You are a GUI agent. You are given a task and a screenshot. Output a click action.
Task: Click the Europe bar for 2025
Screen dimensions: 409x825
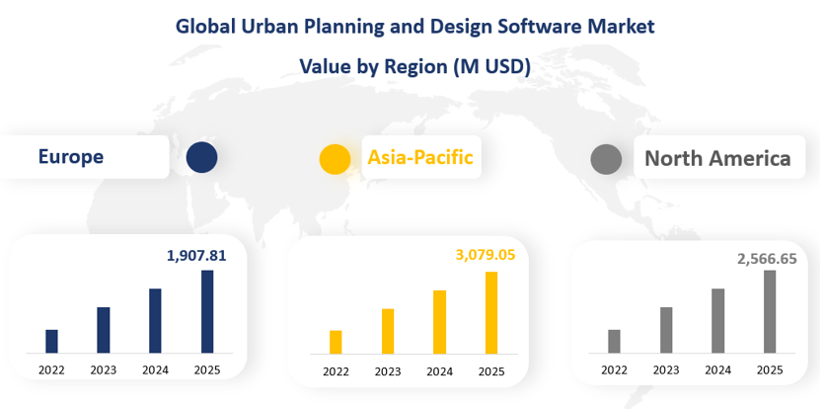(207, 311)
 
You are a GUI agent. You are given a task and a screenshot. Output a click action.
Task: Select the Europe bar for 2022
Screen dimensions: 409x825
(51, 341)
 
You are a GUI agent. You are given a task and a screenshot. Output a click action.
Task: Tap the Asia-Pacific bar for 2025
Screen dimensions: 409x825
(490, 312)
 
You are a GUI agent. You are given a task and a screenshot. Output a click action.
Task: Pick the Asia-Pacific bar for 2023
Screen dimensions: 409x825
(388, 331)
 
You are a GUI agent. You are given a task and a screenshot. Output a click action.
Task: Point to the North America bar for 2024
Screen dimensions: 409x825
(718, 320)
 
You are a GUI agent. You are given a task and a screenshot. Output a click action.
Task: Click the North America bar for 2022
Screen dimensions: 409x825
(614, 341)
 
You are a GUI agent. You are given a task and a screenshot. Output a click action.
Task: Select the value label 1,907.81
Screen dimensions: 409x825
(196, 256)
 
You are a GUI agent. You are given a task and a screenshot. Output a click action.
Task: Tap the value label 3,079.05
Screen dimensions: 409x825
(486, 255)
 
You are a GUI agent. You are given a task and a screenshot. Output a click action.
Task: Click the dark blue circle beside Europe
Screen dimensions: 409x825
(201, 156)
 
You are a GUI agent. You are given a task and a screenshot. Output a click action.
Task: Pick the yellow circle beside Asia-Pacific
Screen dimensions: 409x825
(336, 158)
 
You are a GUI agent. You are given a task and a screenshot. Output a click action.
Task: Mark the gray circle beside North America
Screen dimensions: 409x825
(605, 159)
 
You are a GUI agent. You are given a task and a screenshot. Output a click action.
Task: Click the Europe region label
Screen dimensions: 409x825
(70, 156)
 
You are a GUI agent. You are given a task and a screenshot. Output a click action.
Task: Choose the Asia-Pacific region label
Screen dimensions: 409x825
(420, 156)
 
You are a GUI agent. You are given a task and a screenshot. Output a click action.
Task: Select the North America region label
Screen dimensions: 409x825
(717, 158)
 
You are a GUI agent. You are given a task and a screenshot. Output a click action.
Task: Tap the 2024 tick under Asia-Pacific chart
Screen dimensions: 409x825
(439, 371)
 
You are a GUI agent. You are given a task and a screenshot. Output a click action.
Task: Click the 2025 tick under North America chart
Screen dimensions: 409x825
(770, 369)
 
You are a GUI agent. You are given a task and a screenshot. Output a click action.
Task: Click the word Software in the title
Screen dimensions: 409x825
(524, 26)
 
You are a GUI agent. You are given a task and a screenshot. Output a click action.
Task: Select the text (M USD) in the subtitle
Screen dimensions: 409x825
(491, 66)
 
